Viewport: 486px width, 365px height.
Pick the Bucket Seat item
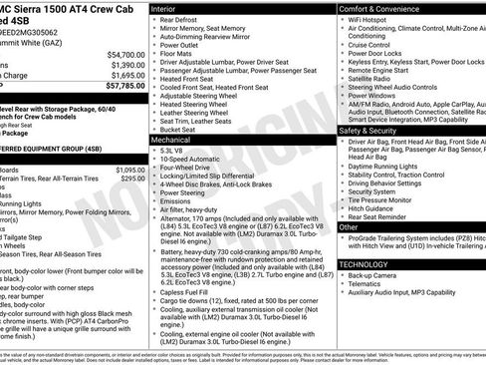[x=181, y=129]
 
